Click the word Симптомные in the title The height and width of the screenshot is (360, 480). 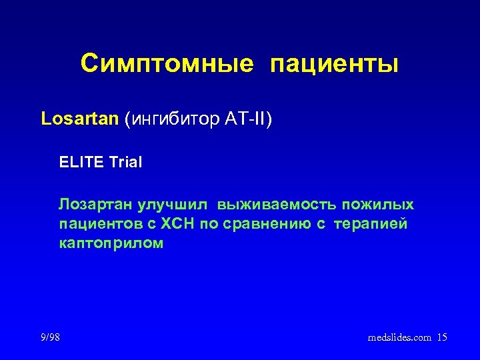pos(167,63)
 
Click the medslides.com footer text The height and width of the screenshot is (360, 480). pos(399,338)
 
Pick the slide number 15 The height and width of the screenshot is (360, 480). pos(442,338)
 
